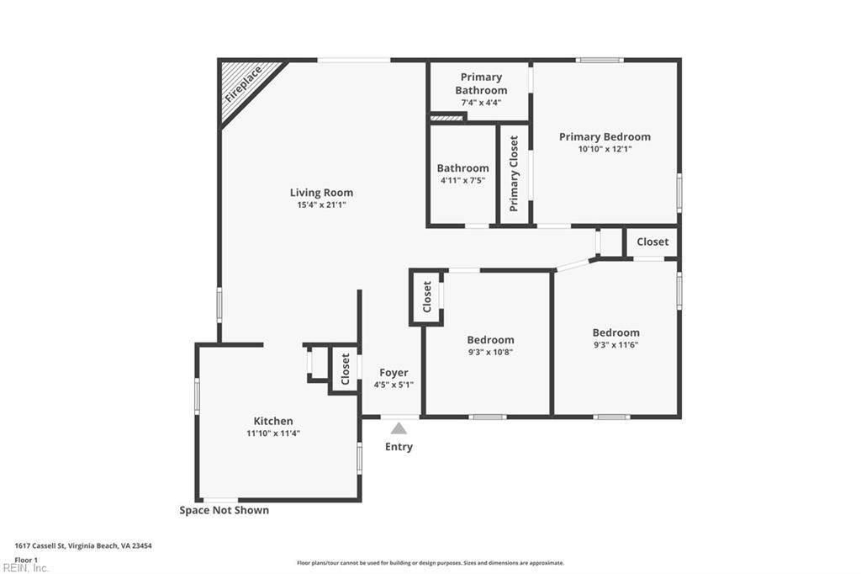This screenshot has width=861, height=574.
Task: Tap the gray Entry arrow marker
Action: click(x=399, y=428)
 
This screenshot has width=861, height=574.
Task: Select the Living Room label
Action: click(x=321, y=193)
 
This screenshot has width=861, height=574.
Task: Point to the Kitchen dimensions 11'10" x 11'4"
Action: click(x=273, y=433)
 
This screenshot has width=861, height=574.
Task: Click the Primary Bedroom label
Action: click(x=605, y=137)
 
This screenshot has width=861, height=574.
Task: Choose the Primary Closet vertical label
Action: click(x=514, y=173)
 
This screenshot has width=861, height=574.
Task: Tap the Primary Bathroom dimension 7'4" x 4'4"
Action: click(x=481, y=103)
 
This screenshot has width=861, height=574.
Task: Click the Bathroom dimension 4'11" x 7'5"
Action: click(x=463, y=180)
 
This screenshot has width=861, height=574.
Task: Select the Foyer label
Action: click(x=394, y=373)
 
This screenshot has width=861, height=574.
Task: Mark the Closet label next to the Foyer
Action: click(x=345, y=369)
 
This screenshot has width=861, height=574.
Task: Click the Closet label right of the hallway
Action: click(x=652, y=242)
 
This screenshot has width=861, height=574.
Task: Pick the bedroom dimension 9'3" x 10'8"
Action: click(x=490, y=352)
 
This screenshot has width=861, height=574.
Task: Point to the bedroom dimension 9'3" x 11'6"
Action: click(x=615, y=345)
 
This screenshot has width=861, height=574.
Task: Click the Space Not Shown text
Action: click(x=224, y=510)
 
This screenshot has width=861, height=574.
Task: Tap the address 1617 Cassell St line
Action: click(x=83, y=546)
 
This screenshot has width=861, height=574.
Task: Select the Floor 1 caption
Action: click(x=26, y=560)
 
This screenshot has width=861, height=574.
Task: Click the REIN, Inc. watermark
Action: click(x=26, y=568)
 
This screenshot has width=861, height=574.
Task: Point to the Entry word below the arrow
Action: click(x=399, y=446)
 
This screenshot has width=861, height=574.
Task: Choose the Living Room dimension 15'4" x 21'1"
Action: click(x=321, y=205)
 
